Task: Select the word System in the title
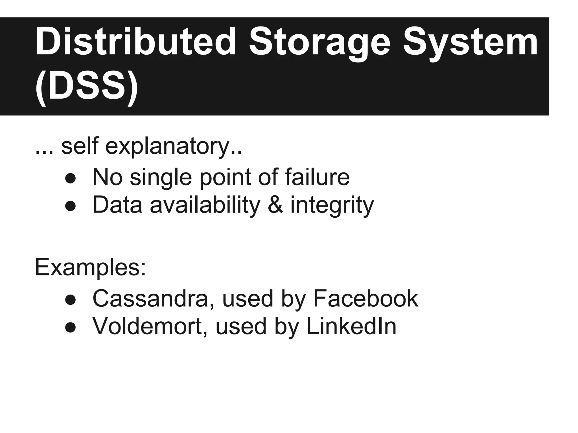tap(470, 42)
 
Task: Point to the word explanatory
tap(167, 147)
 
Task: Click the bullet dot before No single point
tap(70, 178)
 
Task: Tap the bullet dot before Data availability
tap(70, 206)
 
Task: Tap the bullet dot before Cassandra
tap(70, 300)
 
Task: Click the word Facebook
tap(365, 298)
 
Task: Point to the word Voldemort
tap(150, 326)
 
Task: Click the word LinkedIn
tap(351, 326)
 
